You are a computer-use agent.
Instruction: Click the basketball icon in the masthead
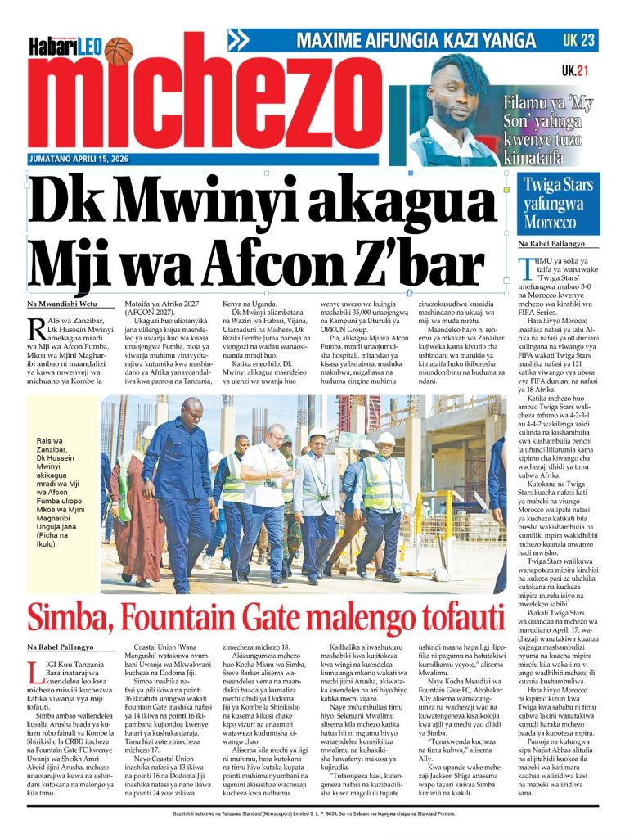(118, 51)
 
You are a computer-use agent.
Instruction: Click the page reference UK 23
(579, 39)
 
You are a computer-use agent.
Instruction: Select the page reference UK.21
(575, 71)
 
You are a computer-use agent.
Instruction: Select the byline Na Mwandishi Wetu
(60, 305)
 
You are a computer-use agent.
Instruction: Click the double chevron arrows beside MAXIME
(238, 40)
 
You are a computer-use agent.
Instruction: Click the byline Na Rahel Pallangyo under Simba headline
(60, 647)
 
